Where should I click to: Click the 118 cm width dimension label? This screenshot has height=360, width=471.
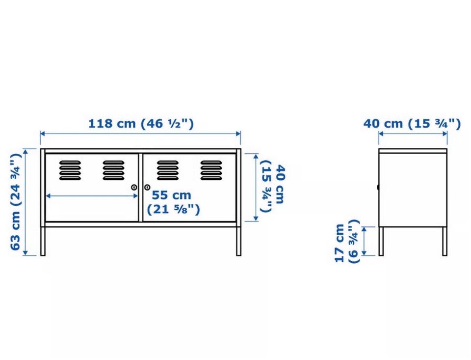point(141,124)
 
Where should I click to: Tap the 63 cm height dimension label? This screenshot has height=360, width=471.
point(16,202)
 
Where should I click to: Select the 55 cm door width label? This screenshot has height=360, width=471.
point(173,202)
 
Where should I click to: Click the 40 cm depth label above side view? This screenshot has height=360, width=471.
point(412,124)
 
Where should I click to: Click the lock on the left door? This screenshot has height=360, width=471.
point(134,188)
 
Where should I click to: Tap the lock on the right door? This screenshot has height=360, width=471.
point(147,188)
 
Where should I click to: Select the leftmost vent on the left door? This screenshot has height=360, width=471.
point(70,170)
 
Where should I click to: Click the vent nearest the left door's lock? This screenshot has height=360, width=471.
point(113,170)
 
